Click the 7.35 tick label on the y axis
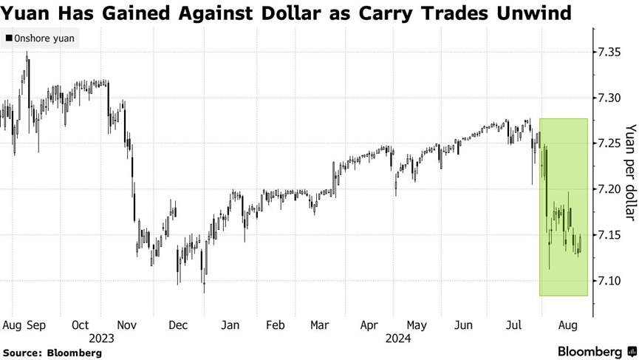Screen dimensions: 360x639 click(x=612, y=52)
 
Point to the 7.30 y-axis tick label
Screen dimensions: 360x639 click(x=612, y=98)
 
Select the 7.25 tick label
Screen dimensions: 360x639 click(x=612, y=143)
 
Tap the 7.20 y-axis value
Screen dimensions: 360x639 click(x=612, y=189)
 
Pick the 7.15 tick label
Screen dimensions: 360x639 click(x=612, y=235)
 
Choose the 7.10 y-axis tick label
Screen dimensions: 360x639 click(x=612, y=281)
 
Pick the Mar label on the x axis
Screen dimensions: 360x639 click(x=320, y=325)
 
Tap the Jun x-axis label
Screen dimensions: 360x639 click(x=463, y=325)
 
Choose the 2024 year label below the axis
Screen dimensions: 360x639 click(x=392, y=339)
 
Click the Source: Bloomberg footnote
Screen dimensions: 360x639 click(x=52, y=353)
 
